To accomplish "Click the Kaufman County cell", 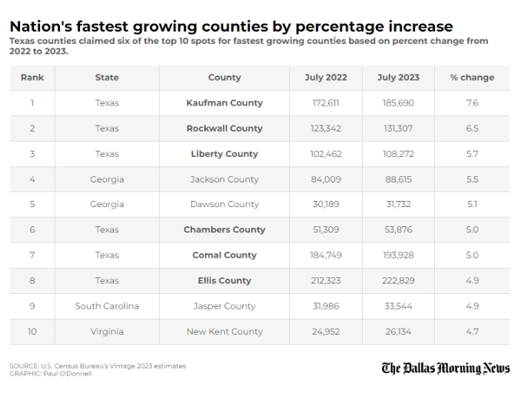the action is pyautogui.click(x=224, y=103).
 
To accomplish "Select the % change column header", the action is pyautogui.click(x=472, y=78).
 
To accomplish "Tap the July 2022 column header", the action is pyautogui.click(x=326, y=78).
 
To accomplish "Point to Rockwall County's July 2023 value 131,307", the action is pyautogui.click(x=398, y=129).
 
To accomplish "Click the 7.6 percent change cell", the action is pyautogui.click(x=472, y=103).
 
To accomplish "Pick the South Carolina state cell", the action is pyautogui.click(x=107, y=306).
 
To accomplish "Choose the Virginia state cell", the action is pyautogui.click(x=107, y=332).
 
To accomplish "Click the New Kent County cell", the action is pyautogui.click(x=224, y=332).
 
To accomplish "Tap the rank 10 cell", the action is pyautogui.click(x=32, y=332).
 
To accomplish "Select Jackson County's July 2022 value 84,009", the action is pyautogui.click(x=326, y=179).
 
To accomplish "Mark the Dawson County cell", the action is pyautogui.click(x=224, y=204).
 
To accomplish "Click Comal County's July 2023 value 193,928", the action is pyautogui.click(x=398, y=256).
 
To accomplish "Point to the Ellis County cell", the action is pyautogui.click(x=224, y=281).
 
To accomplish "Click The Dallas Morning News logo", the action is pyautogui.click(x=446, y=369).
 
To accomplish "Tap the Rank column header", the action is pyautogui.click(x=32, y=78).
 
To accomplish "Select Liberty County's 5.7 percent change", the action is pyautogui.click(x=472, y=154).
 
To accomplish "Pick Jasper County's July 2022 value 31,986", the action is pyautogui.click(x=326, y=306).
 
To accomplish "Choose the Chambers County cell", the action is pyautogui.click(x=224, y=229).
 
